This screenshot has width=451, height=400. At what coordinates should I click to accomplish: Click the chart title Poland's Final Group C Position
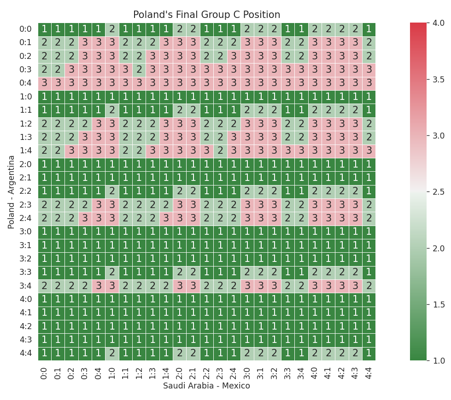206,15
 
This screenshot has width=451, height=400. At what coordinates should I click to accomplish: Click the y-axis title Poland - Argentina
12,191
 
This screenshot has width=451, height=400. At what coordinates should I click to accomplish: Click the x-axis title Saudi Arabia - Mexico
206,386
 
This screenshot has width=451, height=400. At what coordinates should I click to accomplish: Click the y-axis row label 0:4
25,83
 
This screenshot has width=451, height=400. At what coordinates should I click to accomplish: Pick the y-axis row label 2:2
25,191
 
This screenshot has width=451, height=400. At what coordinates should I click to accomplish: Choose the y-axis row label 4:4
25,354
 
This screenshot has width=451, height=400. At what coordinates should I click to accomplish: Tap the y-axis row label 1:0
25,97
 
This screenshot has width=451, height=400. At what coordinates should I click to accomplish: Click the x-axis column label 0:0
44,371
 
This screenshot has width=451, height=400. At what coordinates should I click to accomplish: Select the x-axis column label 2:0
179,371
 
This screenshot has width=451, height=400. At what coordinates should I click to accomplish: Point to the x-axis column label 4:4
369,371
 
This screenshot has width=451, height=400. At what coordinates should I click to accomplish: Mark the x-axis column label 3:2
274,371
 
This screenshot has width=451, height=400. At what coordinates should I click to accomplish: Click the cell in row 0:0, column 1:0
112,29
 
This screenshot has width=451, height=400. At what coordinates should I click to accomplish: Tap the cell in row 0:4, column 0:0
44,83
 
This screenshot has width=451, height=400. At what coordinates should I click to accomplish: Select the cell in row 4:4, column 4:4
369,354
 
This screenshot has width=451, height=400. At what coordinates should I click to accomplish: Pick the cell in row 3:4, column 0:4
99,286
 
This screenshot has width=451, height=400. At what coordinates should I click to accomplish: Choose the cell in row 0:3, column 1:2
139,70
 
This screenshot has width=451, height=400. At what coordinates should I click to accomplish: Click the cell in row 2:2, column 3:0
247,191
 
